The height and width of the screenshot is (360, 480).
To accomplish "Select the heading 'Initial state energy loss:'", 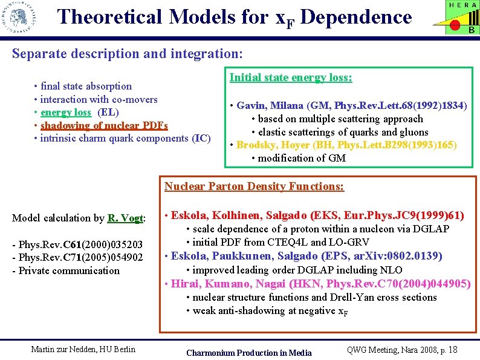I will [291, 77].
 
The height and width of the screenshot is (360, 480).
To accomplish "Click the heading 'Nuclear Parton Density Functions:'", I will [254, 186].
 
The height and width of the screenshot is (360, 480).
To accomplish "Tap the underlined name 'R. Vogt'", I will [125, 218].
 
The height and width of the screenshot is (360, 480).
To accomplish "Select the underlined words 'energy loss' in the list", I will [66, 113].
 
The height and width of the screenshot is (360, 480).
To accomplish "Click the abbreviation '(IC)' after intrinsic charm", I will [201, 138].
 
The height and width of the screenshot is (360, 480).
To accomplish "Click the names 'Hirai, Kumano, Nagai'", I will [230, 283].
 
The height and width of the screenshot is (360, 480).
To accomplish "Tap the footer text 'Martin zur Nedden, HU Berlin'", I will [83, 349].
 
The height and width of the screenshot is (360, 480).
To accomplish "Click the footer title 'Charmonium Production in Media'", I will [249, 353].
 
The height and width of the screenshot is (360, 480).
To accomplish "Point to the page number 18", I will [454, 349].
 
